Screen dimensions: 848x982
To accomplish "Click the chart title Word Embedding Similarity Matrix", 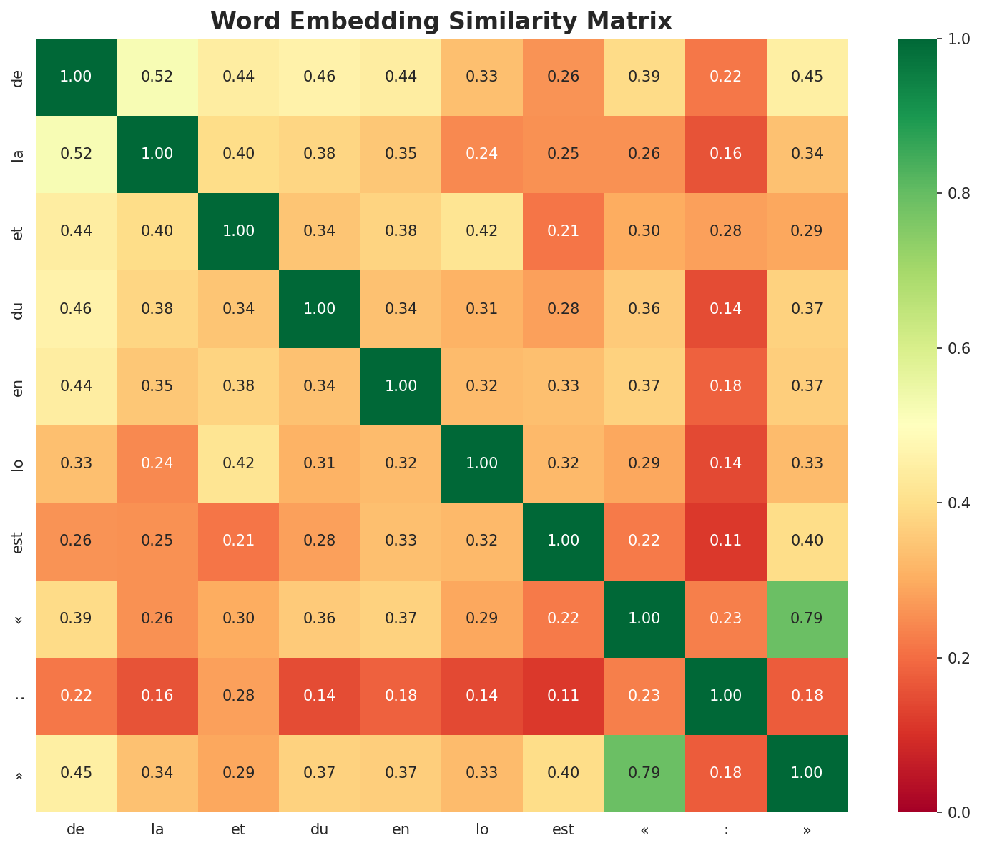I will [x=441, y=21].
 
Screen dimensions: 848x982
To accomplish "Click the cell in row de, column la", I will [x=157, y=77].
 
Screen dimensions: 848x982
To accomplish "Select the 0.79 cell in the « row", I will [x=807, y=618].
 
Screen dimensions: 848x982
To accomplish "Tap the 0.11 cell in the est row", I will [x=726, y=541].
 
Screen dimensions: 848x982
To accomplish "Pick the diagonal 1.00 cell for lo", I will [x=482, y=463].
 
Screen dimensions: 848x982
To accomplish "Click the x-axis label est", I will [x=563, y=830].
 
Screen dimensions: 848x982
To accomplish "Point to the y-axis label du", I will [x=19, y=309].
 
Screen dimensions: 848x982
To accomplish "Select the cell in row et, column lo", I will [x=482, y=231].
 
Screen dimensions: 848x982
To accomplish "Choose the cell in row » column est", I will [x=563, y=773].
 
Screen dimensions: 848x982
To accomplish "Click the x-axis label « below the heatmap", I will [x=644, y=830].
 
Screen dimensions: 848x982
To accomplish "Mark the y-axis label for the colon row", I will [x=19, y=696].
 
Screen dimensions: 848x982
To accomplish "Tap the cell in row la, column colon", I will [x=726, y=154].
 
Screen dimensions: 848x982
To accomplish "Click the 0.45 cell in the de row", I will [x=807, y=77].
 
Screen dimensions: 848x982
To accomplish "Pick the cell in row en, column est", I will [x=563, y=386].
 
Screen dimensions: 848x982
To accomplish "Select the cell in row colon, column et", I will [x=238, y=696].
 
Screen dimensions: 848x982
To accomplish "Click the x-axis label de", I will [x=76, y=830].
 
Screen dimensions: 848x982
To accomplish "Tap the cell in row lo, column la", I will [x=157, y=463].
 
